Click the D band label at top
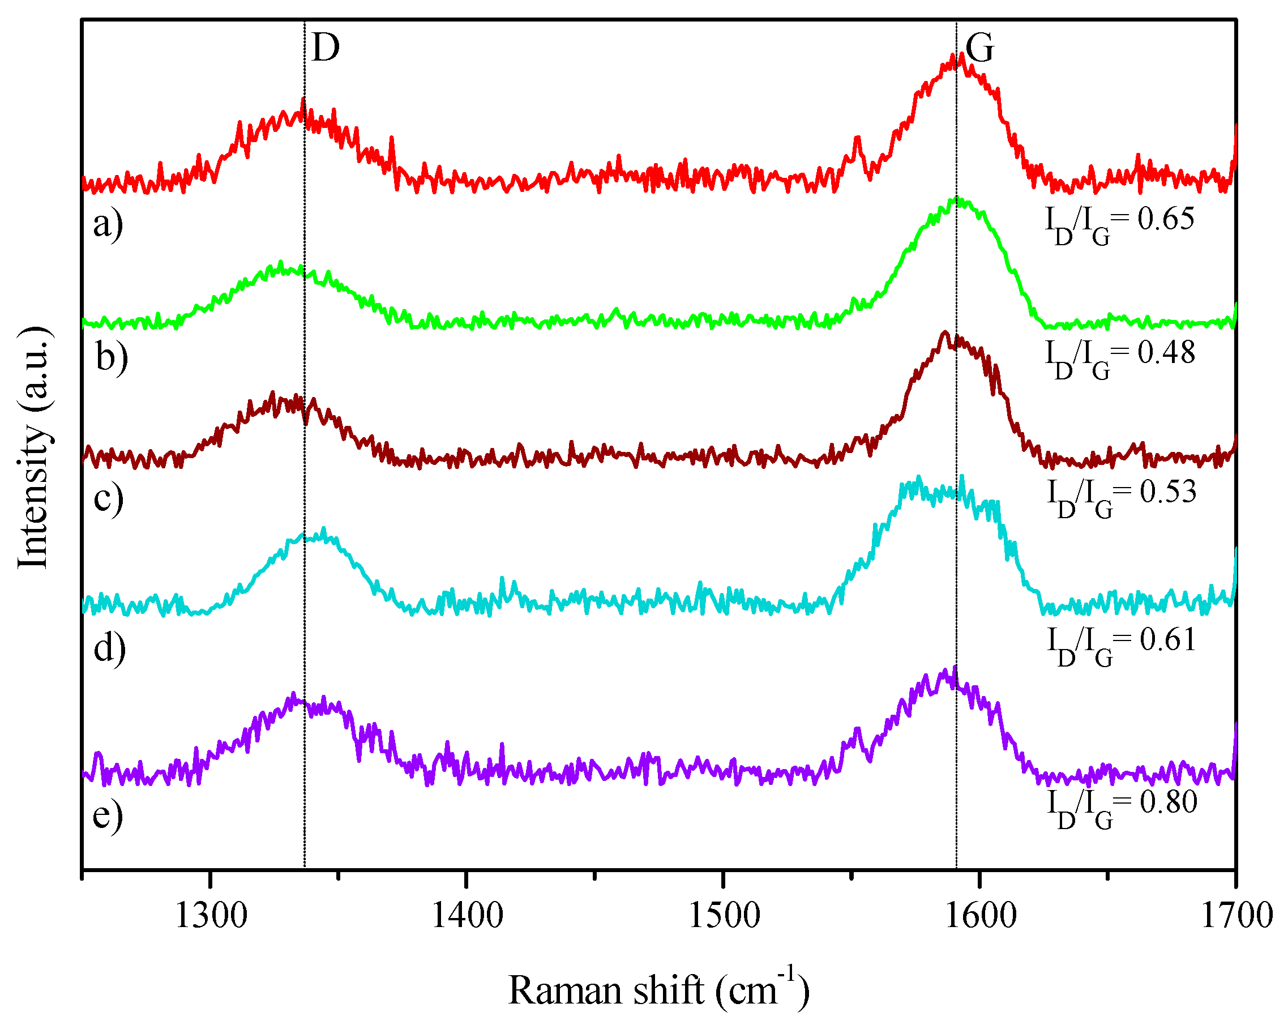326,47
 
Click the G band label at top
980,47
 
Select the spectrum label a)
108,224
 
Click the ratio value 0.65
1166,219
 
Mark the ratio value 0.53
1168,491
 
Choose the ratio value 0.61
1168,639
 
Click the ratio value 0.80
1169,801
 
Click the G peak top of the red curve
961,55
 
